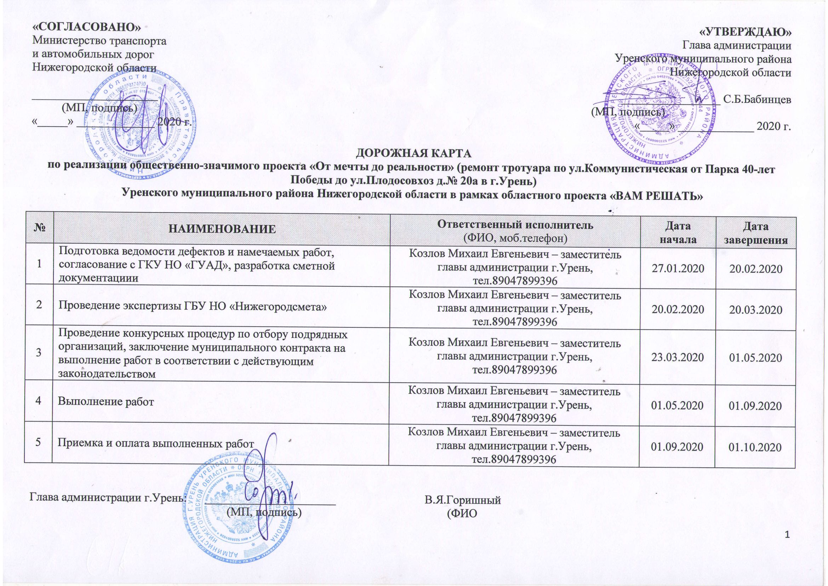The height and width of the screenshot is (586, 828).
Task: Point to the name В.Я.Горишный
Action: pos(463,501)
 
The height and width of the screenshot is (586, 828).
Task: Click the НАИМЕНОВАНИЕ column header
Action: pos(222,229)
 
